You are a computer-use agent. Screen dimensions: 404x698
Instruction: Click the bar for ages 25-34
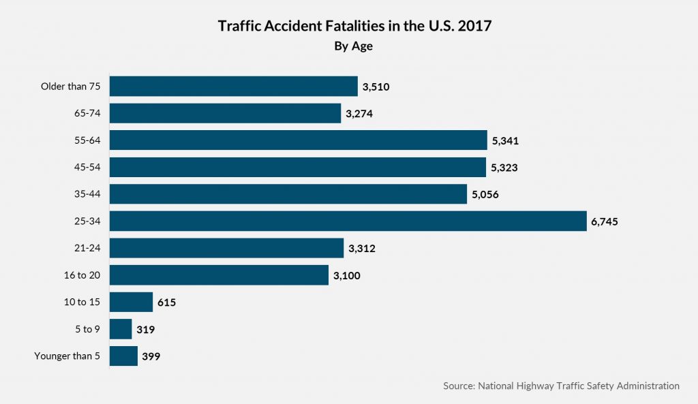coord(348,221)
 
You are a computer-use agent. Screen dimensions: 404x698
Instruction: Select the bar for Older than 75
coord(233,87)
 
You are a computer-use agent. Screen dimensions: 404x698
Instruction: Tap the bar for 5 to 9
coord(121,330)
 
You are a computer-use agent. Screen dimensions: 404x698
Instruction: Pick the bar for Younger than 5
coord(123,356)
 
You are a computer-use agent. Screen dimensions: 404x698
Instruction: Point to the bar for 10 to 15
coord(131,302)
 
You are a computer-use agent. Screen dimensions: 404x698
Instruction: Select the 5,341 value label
coord(506,140)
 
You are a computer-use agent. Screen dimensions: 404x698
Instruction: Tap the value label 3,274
coord(359,114)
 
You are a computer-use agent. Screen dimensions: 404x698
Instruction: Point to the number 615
coord(166,302)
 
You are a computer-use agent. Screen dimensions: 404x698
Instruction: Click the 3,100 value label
coord(346,275)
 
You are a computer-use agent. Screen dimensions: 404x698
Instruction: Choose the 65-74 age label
coord(87,114)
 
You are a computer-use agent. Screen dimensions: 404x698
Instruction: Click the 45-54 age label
coord(87,168)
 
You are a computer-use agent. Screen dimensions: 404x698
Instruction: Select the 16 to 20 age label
coord(82,275)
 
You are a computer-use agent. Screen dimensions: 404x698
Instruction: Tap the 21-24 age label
coord(87,249)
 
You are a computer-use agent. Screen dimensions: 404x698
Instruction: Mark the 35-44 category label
coord(87,195)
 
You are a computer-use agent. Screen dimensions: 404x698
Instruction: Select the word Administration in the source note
coord(648,386)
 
